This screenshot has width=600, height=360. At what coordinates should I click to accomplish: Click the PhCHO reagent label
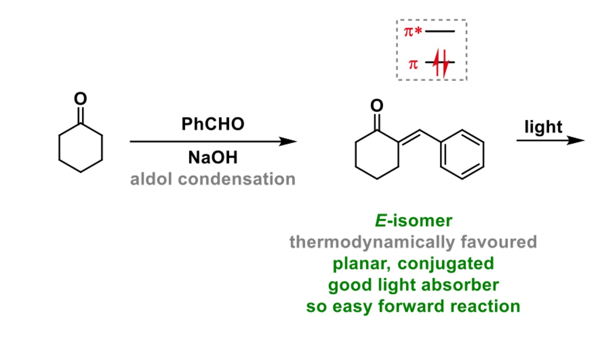(213, 124)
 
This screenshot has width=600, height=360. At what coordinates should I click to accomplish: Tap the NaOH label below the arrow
(213, 158)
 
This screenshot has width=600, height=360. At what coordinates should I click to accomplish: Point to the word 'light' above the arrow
(543, 127)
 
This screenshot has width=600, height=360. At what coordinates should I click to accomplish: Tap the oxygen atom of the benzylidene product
(377, 106)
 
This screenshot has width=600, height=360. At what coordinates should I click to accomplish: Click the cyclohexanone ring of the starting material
(81, 147)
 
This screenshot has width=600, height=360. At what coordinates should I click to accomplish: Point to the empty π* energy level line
(440, 32)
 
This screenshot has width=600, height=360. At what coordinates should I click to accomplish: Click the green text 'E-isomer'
(413, 221)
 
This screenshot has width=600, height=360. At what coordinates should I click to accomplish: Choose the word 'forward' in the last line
(415, 306)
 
